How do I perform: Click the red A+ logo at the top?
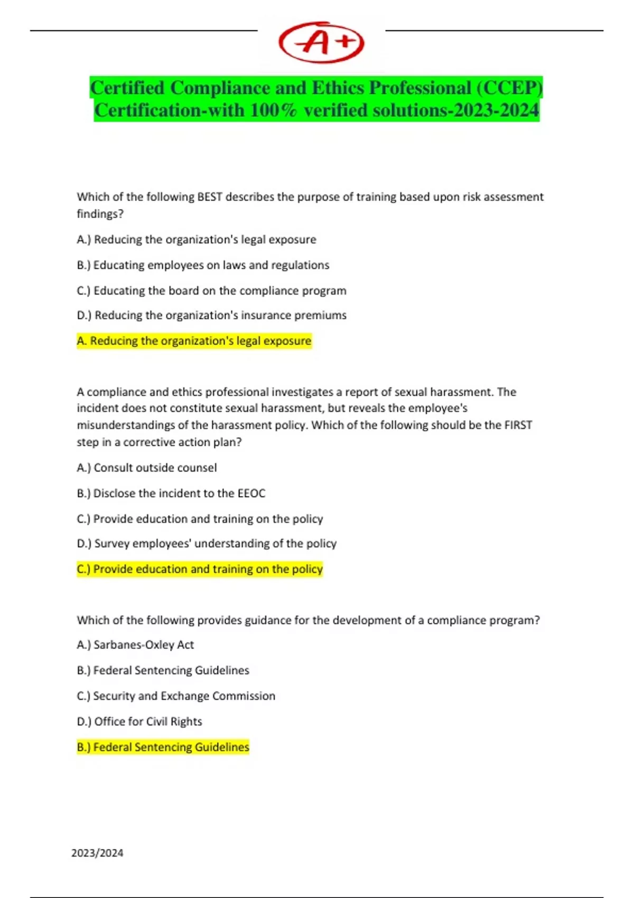point(321,42)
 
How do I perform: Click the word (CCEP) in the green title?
point(509,88)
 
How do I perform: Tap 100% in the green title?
point(274,110)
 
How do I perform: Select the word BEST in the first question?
point(210,197)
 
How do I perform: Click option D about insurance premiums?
point(212,315)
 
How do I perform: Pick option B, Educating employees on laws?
point(203,265)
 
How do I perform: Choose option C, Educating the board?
point(211,291)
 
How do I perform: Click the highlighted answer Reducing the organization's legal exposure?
point(194,341)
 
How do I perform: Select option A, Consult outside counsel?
point(147,468)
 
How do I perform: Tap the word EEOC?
point(251,493)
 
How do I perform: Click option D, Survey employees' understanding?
point(207,544)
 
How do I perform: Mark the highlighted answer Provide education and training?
point(200,569)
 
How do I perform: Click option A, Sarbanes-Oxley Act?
point(135,645)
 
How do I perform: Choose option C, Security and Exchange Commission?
point(176,696)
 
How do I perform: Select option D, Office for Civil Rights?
point(139,722)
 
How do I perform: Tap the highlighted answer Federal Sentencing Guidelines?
point(163,747)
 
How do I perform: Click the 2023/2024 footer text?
point(97,853)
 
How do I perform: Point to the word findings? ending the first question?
point(100,214)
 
